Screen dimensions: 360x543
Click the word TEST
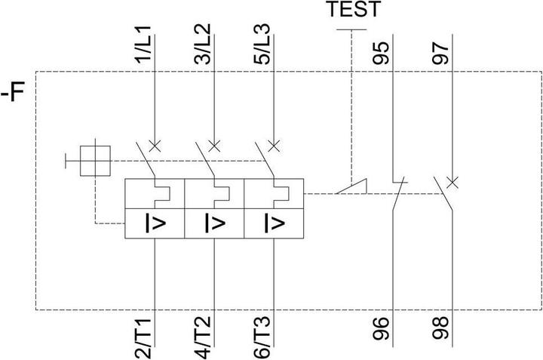point(354,10)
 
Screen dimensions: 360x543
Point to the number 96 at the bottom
point(384,330)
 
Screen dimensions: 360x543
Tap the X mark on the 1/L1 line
point(155,145)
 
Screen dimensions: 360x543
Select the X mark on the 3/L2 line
point(214,145)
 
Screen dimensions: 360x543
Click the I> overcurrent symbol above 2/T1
point(154,224)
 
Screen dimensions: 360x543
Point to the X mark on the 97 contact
point(452,182)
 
